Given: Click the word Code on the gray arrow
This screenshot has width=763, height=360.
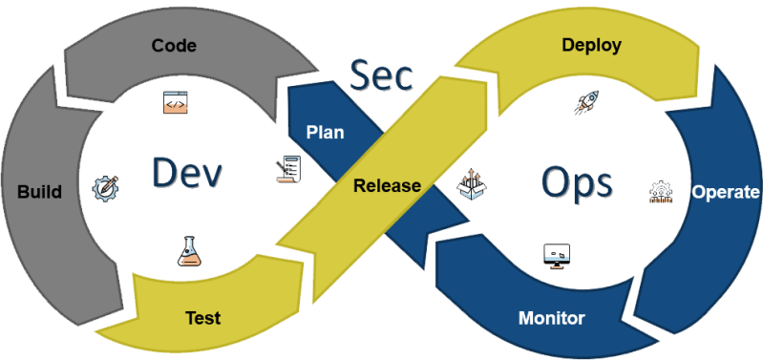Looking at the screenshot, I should tap(175, 45).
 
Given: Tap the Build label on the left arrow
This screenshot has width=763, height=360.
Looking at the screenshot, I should tap(39, 192).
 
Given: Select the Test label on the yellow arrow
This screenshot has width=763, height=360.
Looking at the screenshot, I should tap(201, 318).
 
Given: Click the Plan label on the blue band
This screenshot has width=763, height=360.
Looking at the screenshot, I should tap(325, 132).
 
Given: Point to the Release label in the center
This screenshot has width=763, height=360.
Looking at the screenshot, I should tap(387, 185).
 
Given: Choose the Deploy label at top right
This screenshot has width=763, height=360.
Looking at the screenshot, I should tap(591, 45).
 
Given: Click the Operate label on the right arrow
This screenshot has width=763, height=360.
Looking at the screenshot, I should tap(725, 192).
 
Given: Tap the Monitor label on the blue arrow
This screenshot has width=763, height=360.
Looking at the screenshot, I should tap(551, 317).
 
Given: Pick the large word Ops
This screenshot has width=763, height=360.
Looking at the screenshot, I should tap(576, 180).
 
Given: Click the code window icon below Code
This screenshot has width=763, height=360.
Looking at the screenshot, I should tap(175, 104).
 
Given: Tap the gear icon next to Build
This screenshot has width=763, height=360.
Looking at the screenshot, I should tap(104, 188).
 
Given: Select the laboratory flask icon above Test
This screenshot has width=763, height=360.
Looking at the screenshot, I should tap(189, 250).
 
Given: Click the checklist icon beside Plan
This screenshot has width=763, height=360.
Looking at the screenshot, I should tap(289, 170).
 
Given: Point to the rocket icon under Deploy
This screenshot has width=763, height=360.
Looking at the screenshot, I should tap(585, 104).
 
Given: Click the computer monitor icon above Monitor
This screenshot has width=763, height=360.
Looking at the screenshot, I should tap(556, 254).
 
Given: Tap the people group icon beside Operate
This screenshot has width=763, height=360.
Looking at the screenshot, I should tap(661, 192).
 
